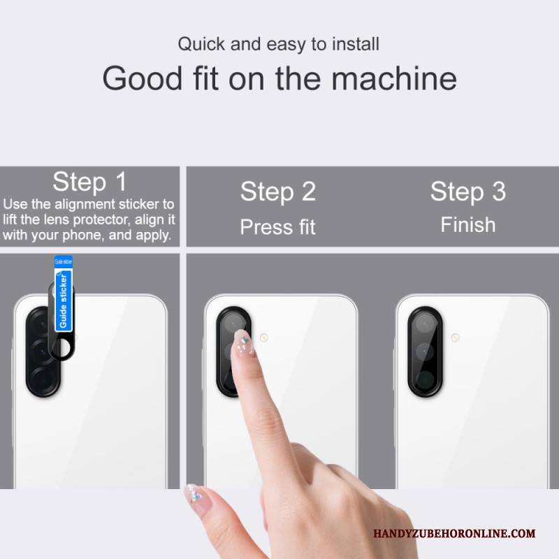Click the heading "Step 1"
[x=89, y=182]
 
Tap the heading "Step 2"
[x=278, y=191]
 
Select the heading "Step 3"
[x=468, y=191]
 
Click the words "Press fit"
[x=277, y=226]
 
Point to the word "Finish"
[x=468, y=225]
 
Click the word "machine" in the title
[x=394, y=78]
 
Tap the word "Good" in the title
[x=143, y=78]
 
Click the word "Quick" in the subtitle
[x=201, y=44]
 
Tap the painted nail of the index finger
[x=242, y=342]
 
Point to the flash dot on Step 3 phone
[x=455, y=337]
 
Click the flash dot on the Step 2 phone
[x=264, y=337]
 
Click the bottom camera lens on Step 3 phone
[x=424, y=379]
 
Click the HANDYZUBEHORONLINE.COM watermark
[x=454, y=533]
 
